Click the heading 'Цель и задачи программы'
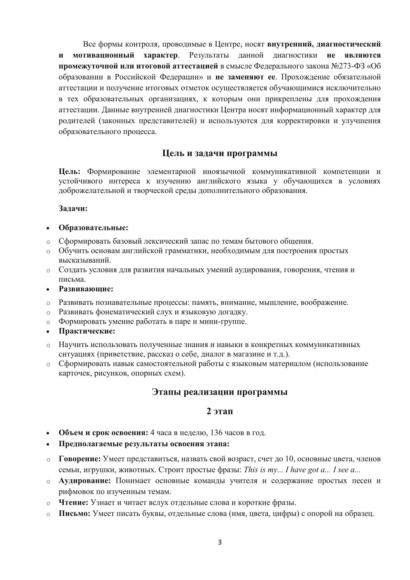point(220,153)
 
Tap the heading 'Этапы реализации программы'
point(220,392)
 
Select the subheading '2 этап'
point(220,411)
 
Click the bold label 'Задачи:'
point(73,208)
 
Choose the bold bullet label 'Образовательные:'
point(93,228)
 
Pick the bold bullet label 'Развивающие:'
point(86,288)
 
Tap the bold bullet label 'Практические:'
point(87,331)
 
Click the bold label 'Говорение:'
point(80,459)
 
